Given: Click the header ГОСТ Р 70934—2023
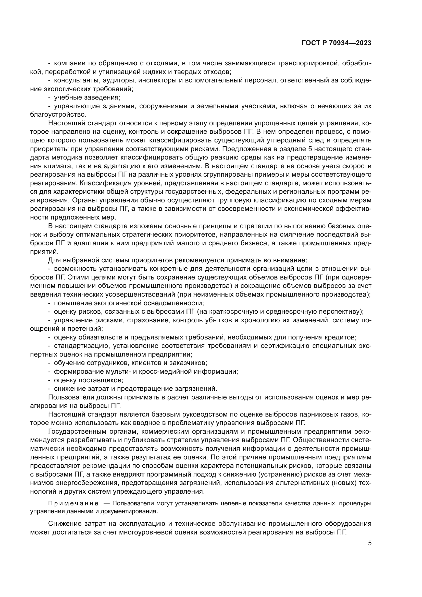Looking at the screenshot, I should click(x=337, y=43).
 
